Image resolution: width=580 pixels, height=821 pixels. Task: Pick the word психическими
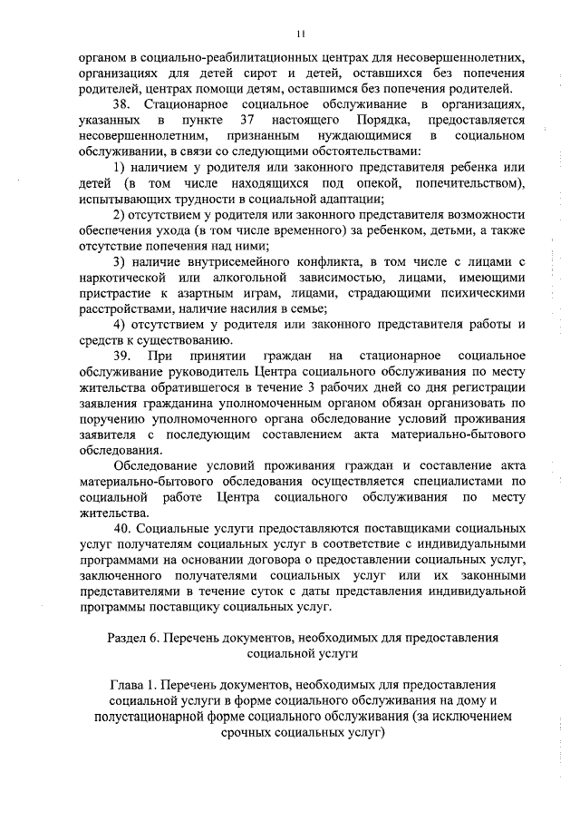[479, 293]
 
